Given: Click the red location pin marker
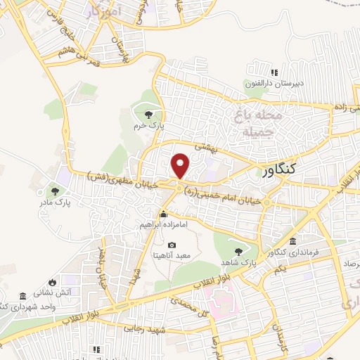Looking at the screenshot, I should (181, 166).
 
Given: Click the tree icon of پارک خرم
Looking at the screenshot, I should (148, 115).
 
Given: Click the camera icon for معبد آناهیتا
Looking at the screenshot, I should (172, 245).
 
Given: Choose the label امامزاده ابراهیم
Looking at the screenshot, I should (163, 225).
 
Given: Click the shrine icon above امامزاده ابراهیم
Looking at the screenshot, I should (163, 214).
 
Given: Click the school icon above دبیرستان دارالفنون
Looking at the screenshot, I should (274, 72).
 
